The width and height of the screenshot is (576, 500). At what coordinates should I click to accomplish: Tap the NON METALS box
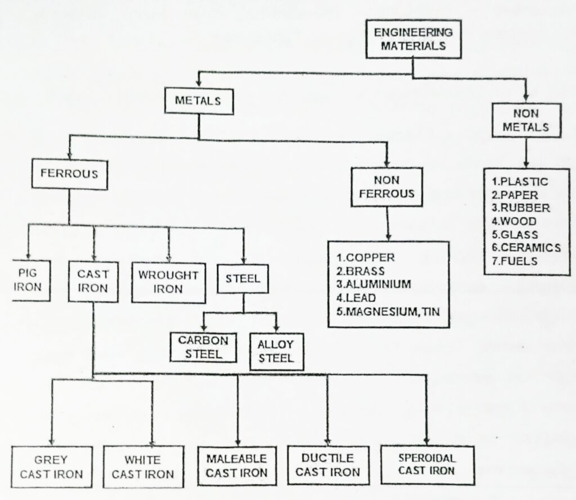(x=525, y=120)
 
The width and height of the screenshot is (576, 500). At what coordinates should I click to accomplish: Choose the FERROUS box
(x=69, y=173)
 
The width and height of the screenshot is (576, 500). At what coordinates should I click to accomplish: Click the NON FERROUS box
(x=386, y=187)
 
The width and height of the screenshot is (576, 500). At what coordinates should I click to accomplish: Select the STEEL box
(x=244, y=278)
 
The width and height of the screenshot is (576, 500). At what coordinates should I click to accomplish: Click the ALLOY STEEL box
(x=276, y=351)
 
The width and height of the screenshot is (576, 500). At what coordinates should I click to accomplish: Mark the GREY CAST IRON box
(x=51, y=467)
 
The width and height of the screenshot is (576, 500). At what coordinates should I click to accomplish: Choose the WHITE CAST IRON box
(x=142, y=467)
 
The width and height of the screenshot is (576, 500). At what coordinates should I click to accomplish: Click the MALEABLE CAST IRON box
(x=236, y=465)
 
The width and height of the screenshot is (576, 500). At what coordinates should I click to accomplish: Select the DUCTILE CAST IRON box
(x=327, y=465)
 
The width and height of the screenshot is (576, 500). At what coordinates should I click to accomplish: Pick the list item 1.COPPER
(x=366, y=258)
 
